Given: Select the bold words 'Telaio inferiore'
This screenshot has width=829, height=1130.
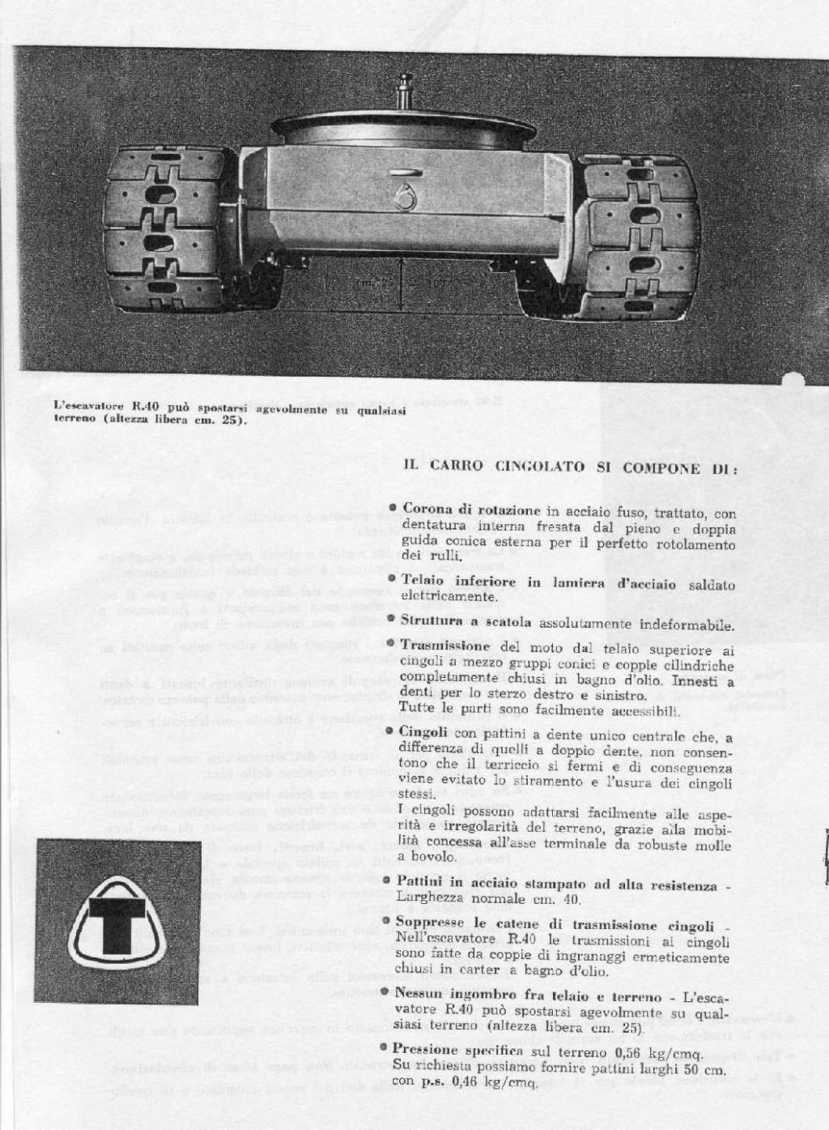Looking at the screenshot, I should [452, 582].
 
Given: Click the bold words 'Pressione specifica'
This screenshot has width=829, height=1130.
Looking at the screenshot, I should [454, 1050].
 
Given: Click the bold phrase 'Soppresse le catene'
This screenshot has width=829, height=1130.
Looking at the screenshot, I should [478, 925].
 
